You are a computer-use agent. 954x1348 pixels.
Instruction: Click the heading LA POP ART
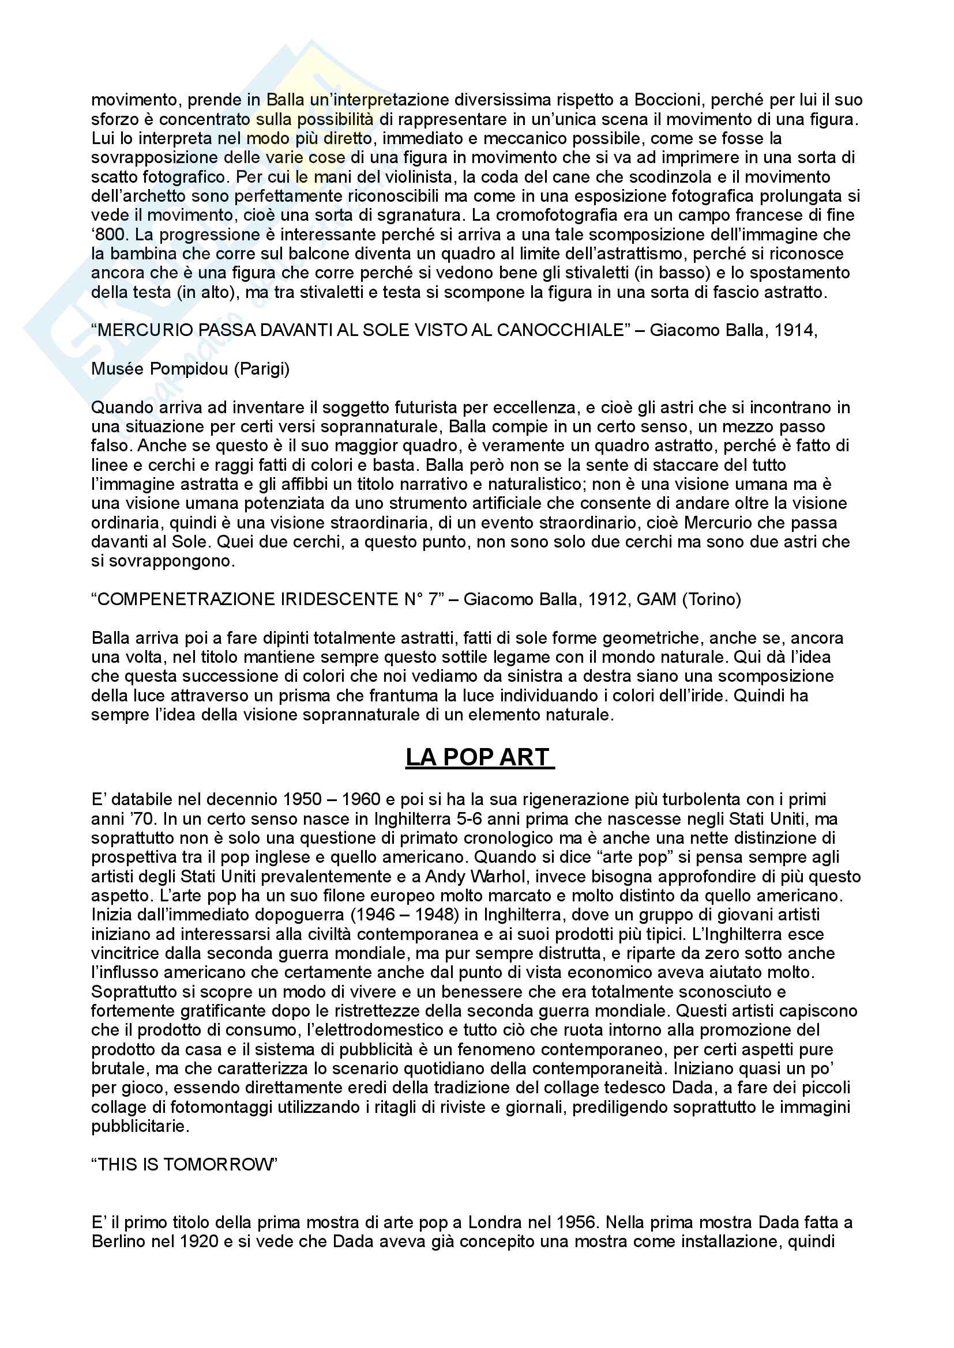coord(479,757)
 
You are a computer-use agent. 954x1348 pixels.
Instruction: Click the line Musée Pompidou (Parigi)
coord(190,369)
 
